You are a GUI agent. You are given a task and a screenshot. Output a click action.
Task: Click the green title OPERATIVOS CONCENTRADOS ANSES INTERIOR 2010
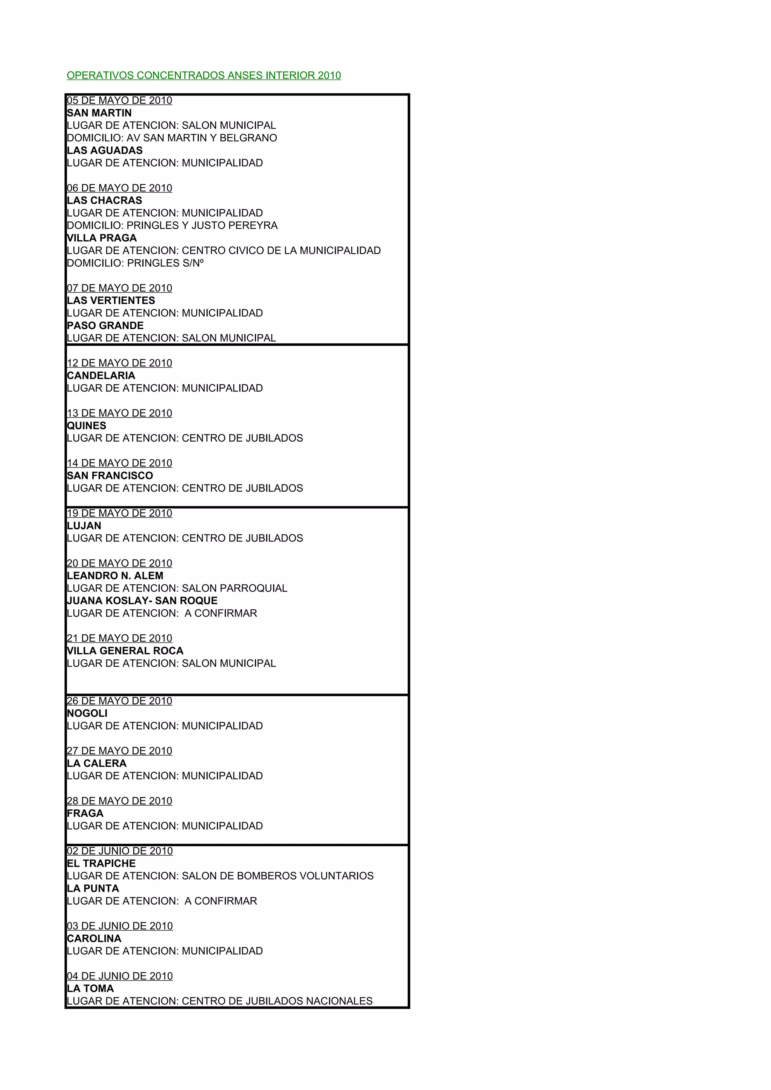(x=204, y=76)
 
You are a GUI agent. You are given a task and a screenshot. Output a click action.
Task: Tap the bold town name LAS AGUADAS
(x=105, y=150)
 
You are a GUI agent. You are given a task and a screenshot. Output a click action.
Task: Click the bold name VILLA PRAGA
(x=102, y=238)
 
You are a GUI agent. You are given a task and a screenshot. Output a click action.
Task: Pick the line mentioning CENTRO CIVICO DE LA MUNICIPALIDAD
(x=224, y=250)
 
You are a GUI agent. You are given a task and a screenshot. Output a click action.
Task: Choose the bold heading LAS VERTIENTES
(x=111, y=301)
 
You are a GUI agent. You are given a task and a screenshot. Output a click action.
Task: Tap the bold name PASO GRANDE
(x=105, y=326)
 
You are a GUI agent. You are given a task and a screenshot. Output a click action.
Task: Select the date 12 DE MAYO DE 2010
(x=119, y=363)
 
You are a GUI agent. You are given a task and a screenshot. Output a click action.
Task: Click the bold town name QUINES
(x=87, y=426)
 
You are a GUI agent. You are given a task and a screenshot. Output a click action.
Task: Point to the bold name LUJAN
(x=84, y=525)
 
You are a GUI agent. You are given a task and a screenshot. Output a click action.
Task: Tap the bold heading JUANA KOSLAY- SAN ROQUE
(x=142, y=601)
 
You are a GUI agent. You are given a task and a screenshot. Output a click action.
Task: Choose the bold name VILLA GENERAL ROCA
(x=125, y=651)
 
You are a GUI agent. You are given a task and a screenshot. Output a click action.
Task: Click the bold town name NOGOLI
(x=87, y=714)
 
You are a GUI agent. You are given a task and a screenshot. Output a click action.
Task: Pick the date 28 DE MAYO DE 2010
(x=119, y=801)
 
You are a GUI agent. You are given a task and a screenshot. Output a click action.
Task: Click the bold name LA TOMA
(x=90, y=989)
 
